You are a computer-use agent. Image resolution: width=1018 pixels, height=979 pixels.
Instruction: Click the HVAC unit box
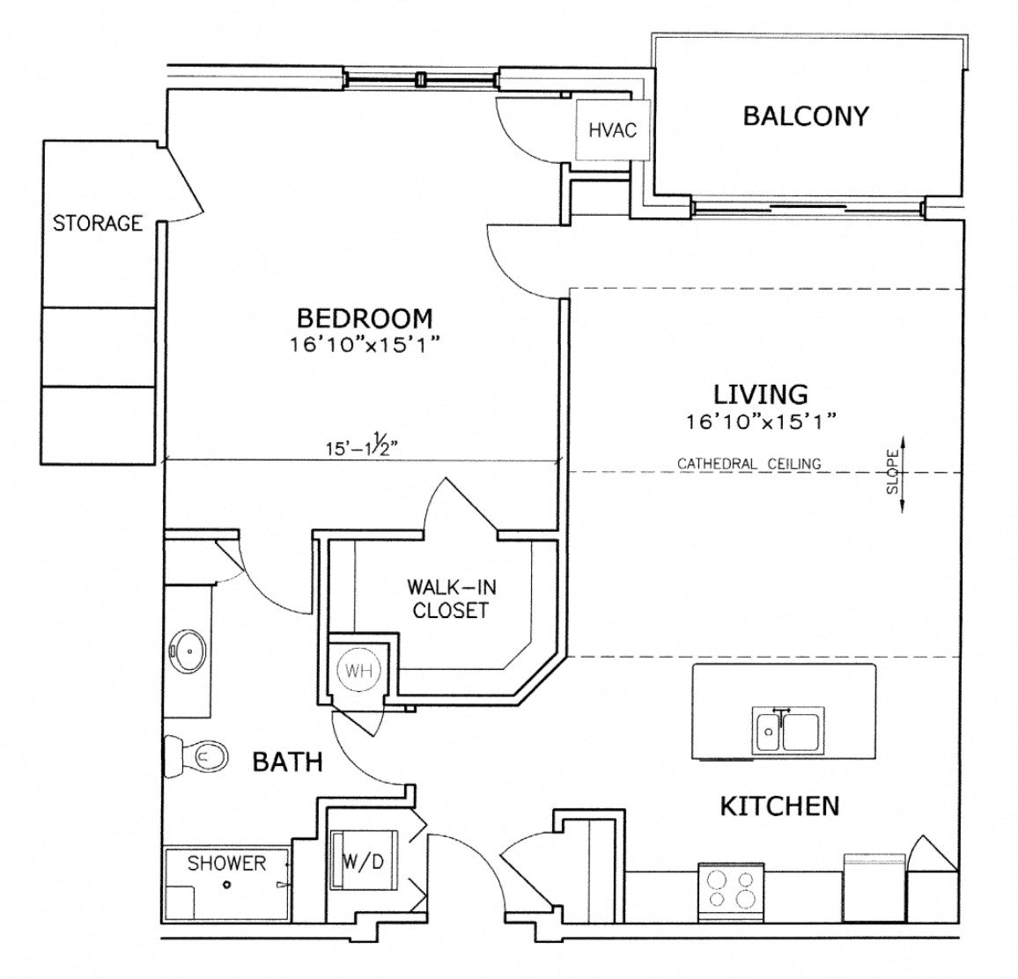pos(612,130)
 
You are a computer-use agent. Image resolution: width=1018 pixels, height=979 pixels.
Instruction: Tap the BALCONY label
pos(806,115)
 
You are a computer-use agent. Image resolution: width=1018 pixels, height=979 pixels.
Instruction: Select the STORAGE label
pos(97,223)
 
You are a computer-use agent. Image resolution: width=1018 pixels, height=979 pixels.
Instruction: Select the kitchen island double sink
pos(787,732)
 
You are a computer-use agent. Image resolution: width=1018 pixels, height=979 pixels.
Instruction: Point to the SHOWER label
pos(225,863)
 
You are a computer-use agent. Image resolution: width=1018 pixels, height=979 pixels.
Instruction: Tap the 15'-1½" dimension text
pos(362,446)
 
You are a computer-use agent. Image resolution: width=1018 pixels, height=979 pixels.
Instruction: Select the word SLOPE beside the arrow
pos(892,473)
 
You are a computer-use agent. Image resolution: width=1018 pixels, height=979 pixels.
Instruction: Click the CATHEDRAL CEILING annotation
pos(749,463)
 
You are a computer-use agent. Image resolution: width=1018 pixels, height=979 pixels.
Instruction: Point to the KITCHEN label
pos(779,805)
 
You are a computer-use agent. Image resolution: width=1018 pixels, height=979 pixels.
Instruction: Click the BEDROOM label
pos(364,317)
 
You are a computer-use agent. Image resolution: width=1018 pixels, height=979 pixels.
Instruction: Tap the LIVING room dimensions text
pos(761,423)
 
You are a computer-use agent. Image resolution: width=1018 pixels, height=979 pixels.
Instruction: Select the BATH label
pos(287,762)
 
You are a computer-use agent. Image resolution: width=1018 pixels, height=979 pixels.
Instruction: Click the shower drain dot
pos(227,885)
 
